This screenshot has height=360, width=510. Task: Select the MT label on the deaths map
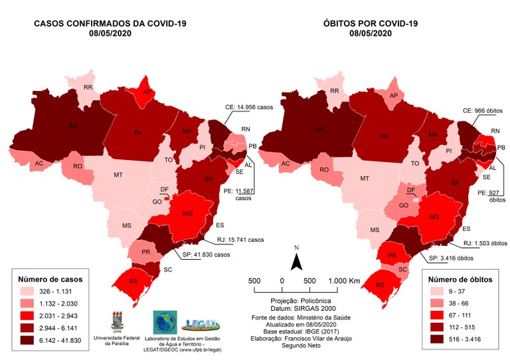[x=364, y=179]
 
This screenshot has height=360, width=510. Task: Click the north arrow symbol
[x=298, y=260]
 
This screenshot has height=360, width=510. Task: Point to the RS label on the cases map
[x=133, y=282]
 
